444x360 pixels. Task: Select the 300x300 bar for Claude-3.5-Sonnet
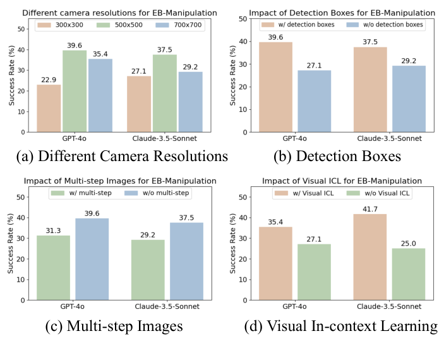139,104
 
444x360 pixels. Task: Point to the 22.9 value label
48,78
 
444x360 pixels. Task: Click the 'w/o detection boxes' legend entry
385,25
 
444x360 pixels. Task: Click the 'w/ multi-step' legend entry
76,192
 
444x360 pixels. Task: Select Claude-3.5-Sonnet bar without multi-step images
186,260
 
